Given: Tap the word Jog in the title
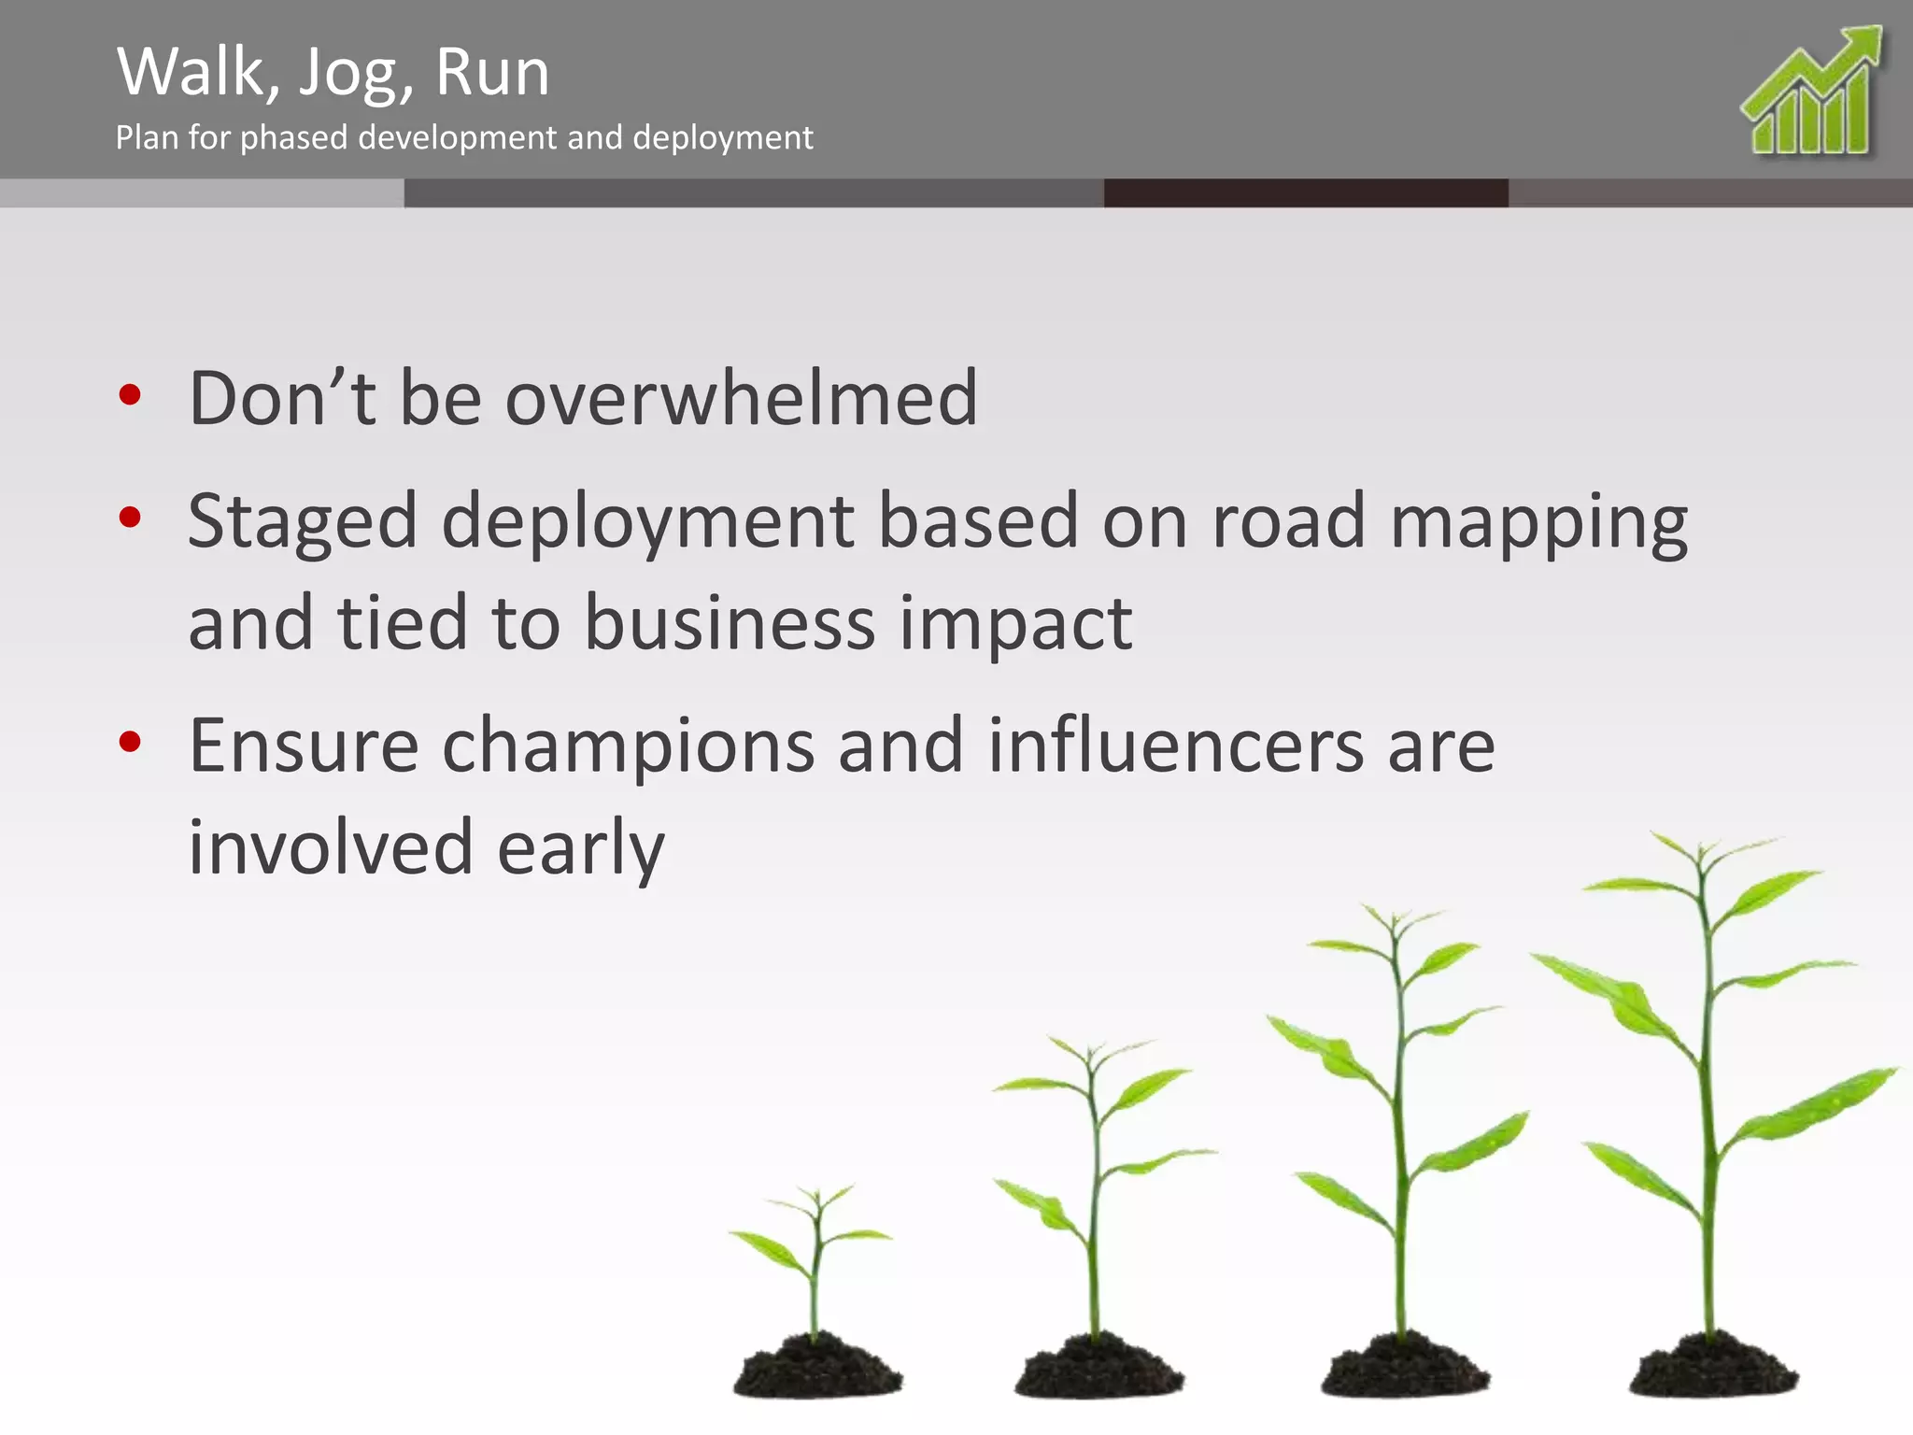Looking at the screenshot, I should (x=353, y=75).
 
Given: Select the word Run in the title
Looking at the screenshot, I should (x=492, y=73).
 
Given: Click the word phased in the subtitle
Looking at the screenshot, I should (x=294, y=138).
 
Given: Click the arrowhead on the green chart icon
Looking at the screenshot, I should (x=1859, y=45).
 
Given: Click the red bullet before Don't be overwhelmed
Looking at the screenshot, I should (x=130, y=395).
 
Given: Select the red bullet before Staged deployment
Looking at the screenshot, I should (x=130, y=517).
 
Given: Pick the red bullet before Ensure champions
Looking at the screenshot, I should (x=130, y=743).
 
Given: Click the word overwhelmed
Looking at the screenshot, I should (x=741, y=399).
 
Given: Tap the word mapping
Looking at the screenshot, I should (x=1538, y=523).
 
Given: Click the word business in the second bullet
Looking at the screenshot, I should (x=730, y=623).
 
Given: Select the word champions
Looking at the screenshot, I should (x=628, y=747).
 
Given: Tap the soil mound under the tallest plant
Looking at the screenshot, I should (x=1712, y=1367).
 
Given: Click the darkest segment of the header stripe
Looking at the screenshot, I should (x=1305, y=193).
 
